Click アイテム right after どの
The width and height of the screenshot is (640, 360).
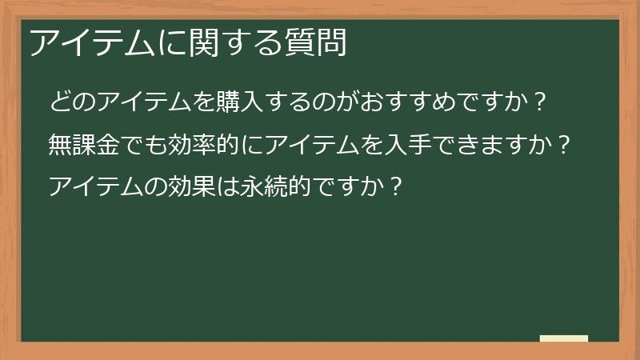point(139,102)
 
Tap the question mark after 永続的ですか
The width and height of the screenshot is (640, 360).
point(394,187)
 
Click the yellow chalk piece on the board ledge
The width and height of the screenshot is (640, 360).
point(564,338)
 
